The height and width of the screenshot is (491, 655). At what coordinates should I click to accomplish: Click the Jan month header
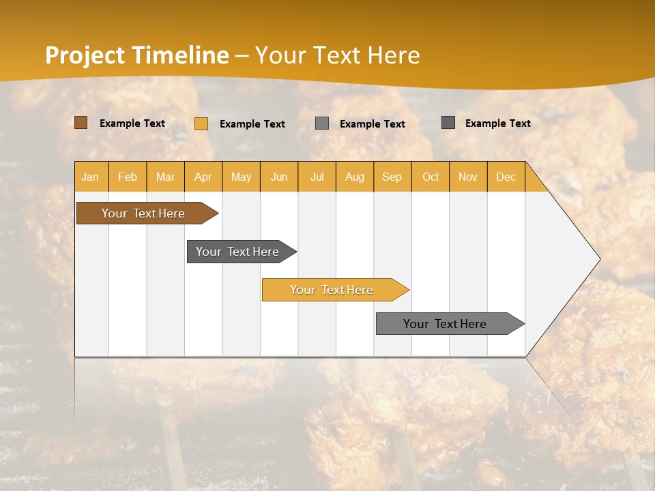[x=90, y=177]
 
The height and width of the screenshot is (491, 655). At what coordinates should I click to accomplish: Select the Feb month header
[x=128, y=177]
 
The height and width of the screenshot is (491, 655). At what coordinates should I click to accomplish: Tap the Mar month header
[x=165, y=177]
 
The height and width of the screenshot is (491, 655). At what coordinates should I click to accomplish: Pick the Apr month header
[x=203, y=177]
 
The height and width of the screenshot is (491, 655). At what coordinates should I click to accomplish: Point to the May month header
[x=241, y=177]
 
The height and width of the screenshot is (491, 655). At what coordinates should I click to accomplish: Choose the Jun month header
[x=279, y=177]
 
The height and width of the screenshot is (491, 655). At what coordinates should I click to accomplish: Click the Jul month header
[x=317, y=177]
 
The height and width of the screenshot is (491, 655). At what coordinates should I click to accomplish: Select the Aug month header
[x=355, y=177]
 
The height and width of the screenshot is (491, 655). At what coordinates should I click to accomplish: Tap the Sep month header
[x=392, y=177]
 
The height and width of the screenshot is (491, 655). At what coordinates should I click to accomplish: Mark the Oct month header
[x=431, y=177]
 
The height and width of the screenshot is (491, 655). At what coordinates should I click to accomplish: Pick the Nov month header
[x=468, y=177]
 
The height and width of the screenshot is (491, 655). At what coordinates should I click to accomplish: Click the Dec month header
[x=506, y=177]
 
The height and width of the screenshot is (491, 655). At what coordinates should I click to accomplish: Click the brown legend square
[x=81, y=123]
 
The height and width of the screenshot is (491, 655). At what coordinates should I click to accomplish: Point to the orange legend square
[x=201, y=123]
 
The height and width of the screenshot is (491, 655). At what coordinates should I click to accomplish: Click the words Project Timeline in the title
[x=137, y=55]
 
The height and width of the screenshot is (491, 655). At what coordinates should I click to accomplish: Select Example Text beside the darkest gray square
[x=497, y=123]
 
